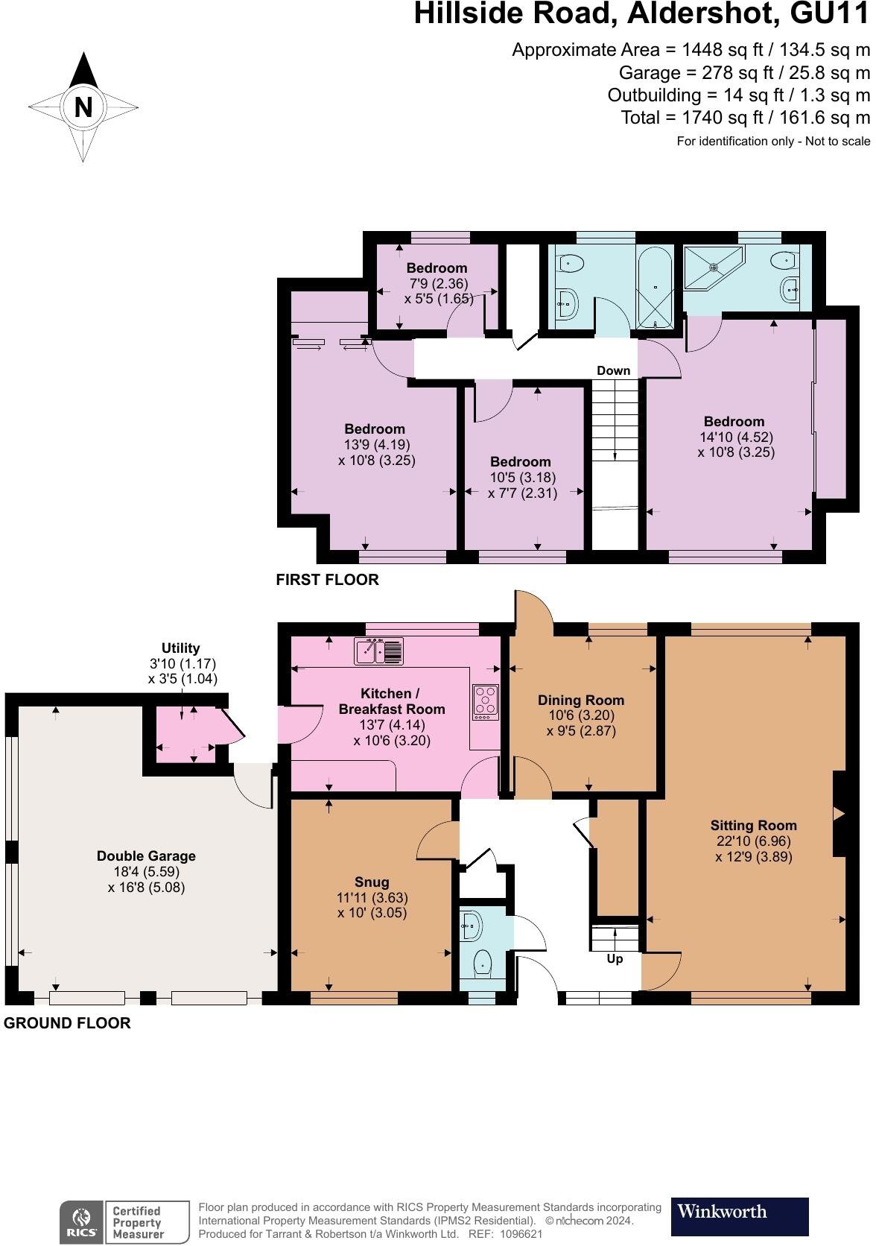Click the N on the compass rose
coord(83,107)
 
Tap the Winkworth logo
coord(739,1216)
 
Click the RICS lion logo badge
coord(82,1221)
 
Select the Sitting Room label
coord(753,825)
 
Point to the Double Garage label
coord(146,856)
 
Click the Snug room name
coord(372,882)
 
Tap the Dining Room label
coord(581,700)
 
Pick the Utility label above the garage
coord(181,648)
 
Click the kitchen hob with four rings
coord(485,702)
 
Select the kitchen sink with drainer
coord(378,651)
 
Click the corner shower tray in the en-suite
coord(713,268)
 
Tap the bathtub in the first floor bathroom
coord(656,288)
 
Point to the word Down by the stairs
coord(614,370)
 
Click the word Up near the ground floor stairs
coord(615,958)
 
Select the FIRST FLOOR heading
coord(328,580)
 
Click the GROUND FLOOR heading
coord(67,1023)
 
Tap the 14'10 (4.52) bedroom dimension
coord(737,437)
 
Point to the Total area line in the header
coord(746,117)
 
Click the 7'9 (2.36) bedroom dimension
coord(439,283)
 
